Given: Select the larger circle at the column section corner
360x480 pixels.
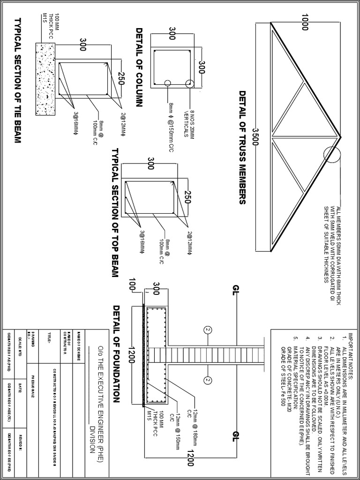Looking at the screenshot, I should tap(190, 84).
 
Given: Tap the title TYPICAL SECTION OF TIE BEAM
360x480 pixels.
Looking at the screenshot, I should tap(18, 80).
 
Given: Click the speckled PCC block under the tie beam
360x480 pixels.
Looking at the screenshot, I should tap(45, 80).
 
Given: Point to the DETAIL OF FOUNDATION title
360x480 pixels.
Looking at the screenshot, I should tap(117, 354).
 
